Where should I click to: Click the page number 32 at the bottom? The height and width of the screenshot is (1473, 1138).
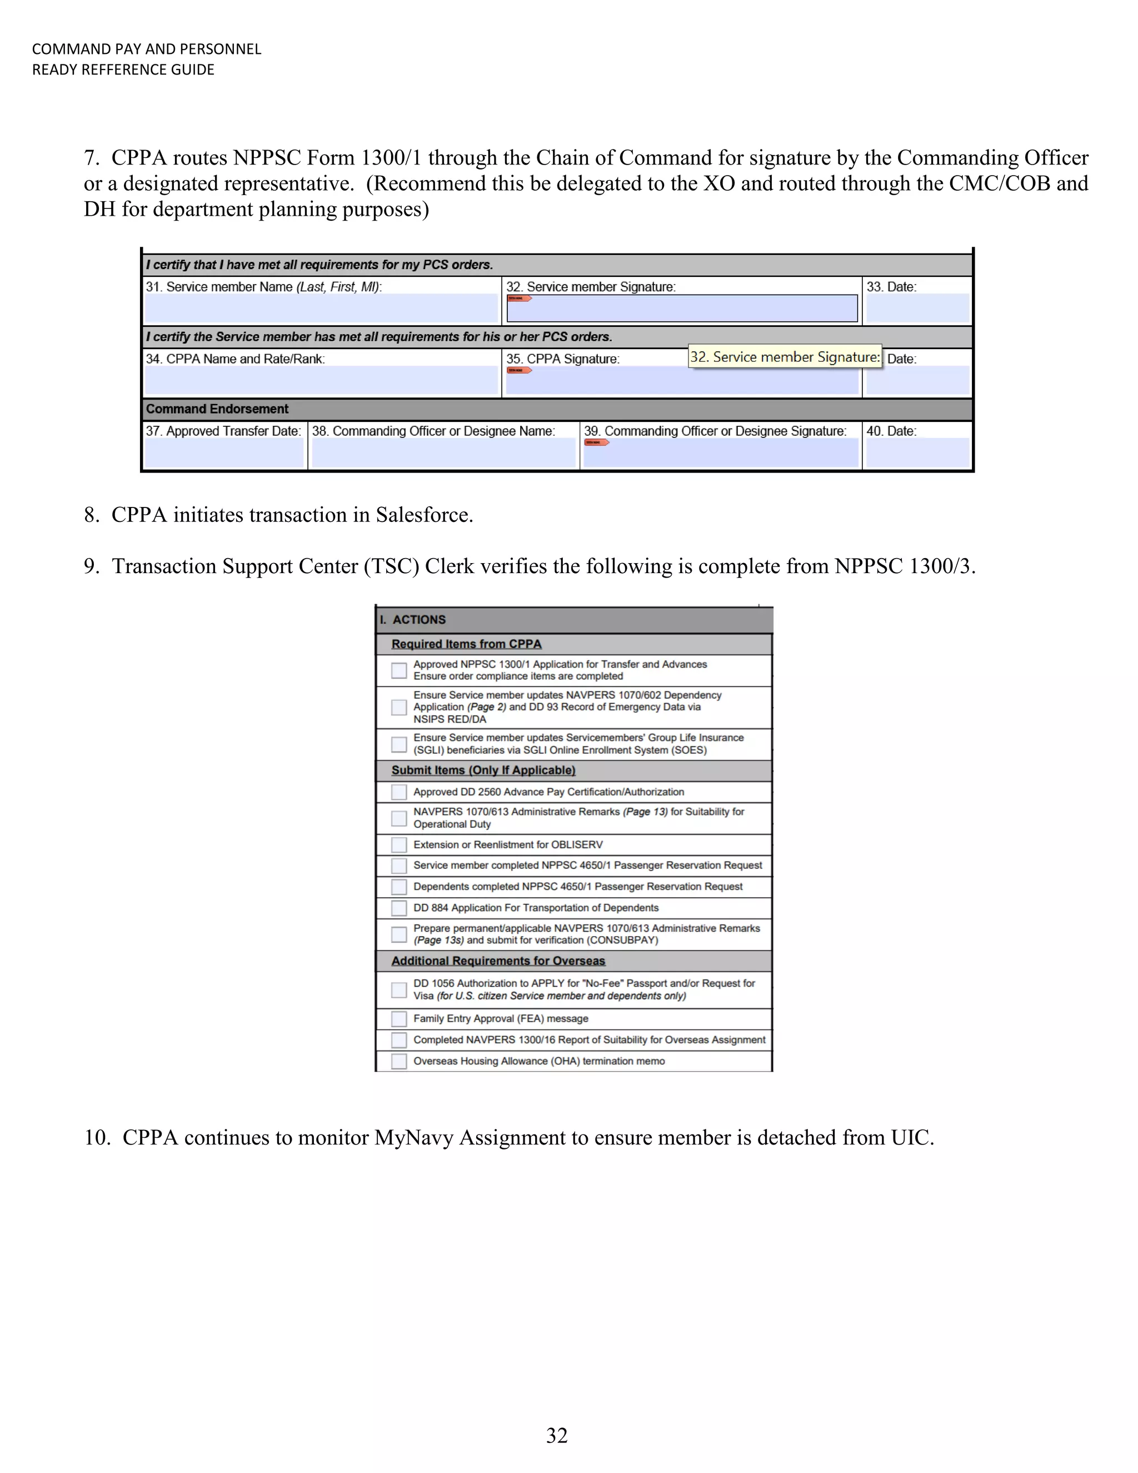[x=557, y=1435]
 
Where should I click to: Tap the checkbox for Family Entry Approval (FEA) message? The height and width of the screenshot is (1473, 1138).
[x=399, y=1018]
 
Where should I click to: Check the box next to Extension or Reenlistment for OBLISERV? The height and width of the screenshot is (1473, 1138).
[x=399, y=844]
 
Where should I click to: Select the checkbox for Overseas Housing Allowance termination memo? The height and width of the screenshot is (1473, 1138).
[x=399, y=1061]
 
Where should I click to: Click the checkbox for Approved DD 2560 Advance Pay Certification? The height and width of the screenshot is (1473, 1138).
[x=399, y=792]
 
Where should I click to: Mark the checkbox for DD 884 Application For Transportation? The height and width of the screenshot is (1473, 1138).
[x=399, y=908]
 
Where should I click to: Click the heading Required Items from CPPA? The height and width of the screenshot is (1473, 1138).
[x=467, y=644]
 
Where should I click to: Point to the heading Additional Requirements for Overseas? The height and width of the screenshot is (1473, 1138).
[x=498, y=961]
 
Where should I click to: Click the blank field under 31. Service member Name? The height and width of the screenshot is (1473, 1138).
[x=321, y=309]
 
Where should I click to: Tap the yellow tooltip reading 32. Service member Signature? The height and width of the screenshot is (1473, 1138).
[x=785, y=357]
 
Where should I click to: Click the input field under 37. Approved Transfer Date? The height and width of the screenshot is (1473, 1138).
[x=224, y=453]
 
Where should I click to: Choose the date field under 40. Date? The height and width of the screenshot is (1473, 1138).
[x=917, y=453]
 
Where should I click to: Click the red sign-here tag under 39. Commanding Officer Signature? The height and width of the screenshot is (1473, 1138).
[x=596, y=442]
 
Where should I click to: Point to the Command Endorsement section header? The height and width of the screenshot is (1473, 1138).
[x=217, y=409]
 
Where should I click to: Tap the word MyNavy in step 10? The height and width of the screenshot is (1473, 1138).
[x=414, y=1137]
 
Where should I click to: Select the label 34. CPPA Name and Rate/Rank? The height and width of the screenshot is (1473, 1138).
[x=235, y=359]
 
